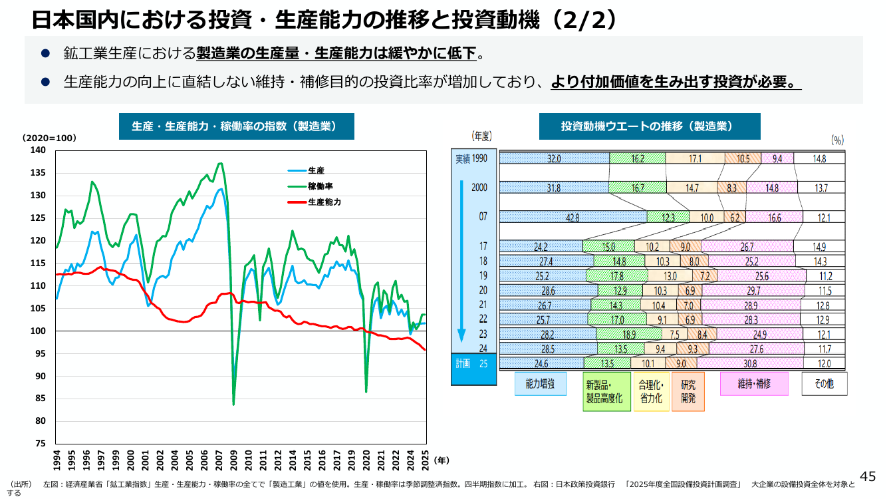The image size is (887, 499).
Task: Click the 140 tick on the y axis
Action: pos(38,150)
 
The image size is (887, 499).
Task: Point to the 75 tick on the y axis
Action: pos(41,443)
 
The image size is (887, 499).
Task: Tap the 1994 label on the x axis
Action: pos(57,460)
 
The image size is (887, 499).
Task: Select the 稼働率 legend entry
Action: pos(310,186)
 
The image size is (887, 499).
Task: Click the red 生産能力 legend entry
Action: pos(314,202)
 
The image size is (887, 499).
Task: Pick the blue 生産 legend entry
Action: pos(306,170)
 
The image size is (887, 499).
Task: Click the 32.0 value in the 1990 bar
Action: pos(554,159)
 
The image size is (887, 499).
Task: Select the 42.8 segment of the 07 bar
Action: pos(573,217)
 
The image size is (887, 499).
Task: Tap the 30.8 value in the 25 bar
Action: pos(750,363)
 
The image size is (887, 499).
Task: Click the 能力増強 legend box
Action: pos(540,384)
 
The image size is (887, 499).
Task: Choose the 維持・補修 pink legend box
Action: pos(754,384)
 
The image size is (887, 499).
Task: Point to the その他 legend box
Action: pos(824,384)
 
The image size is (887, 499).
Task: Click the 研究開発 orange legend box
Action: pos(688,392)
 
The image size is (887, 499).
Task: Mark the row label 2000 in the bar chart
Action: pos(479,188)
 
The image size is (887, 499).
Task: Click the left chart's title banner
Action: pos(237,126)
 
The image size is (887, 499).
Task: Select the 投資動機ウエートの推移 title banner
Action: pos(650,126)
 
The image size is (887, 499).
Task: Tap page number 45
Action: pos(868,476)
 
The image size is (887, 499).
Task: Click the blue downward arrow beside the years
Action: pos(461,261)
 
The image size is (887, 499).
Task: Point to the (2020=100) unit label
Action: pos(49,138)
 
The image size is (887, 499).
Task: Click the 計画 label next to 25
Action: pos(463,364)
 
